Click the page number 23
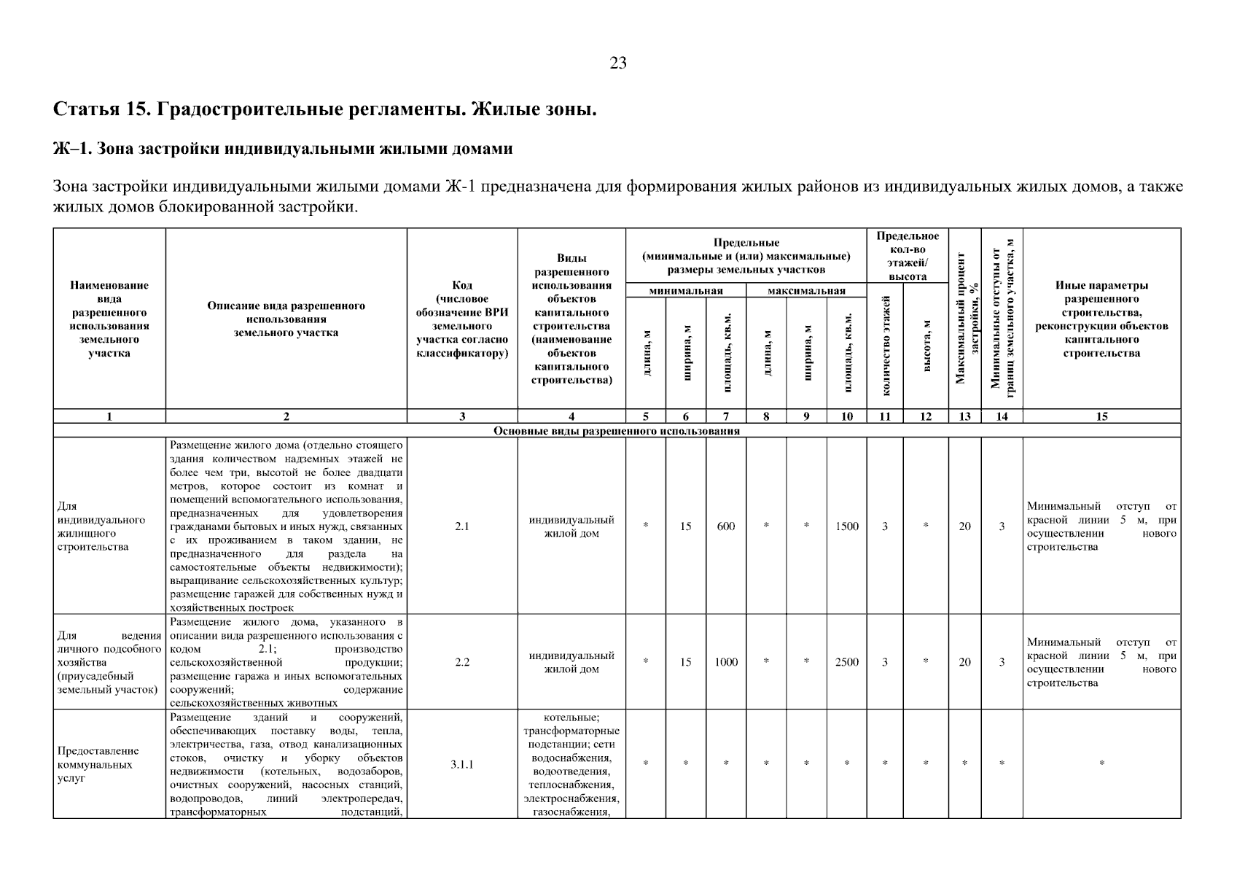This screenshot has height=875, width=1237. pos(617,63)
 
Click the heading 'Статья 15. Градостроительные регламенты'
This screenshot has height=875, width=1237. pos(325,110)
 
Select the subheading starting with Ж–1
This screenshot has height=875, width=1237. pos(283,149)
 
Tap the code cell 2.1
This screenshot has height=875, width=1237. pos(461,526)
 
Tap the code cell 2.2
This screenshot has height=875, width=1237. pos(461,662)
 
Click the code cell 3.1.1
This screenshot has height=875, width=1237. pos(461,764)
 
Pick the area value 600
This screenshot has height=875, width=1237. pos(725,526)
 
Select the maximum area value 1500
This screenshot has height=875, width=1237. pos(846,526)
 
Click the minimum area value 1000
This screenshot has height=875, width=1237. pos(725,662)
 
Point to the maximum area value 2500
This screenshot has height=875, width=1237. pos(846,662)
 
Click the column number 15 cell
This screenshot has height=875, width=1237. pos(1101,416)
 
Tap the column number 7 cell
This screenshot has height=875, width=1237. pos(725,416)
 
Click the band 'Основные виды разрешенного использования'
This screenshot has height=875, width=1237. pos(617,430)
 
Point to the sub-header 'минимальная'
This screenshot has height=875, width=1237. pos(685,291)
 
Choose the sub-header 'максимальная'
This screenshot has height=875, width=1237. pos(805,291)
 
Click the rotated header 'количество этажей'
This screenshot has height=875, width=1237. pos(885,346)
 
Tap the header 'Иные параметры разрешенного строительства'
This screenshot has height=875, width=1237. pos(1101,319)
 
